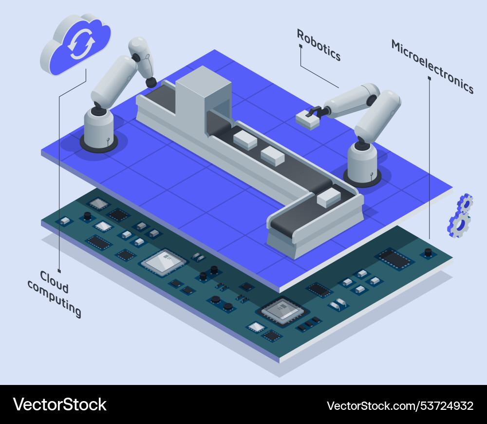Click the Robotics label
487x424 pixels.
pos(318,45)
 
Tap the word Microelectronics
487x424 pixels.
pos(432,66)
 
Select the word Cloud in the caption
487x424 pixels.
pos(54,282)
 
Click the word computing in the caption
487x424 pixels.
pos(55,299)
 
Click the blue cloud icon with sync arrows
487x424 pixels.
pos(76,44)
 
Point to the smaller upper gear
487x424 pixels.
pos(465,202)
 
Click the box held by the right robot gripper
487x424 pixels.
pos(307,120)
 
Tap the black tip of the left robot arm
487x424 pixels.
pos(151,82)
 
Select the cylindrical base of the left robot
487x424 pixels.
pos(99,130)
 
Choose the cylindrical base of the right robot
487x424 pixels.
pos(362,164)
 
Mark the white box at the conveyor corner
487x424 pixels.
pos(329,197)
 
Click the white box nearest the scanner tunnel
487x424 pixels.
pos(245,140)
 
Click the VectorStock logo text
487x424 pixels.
pos(59,404)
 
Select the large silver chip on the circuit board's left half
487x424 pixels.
pos(163,262)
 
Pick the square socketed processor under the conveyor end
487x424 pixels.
pos(282,311)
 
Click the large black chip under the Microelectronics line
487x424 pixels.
pos(395,259)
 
